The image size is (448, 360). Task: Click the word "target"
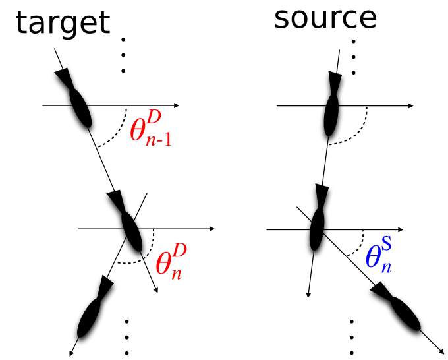pos(63,22)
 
